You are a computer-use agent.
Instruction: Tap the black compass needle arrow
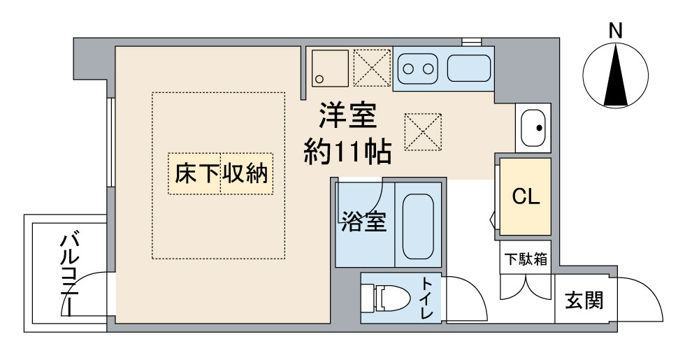[615, 77]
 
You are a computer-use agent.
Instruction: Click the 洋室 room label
[348, 116]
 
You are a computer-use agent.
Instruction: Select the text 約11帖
[347, 150]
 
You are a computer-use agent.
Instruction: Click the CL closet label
[525, 196]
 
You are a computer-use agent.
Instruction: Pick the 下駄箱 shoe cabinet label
[526, 260]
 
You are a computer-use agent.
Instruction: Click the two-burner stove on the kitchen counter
[417, 69]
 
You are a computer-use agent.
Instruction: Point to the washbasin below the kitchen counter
[533, 128]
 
